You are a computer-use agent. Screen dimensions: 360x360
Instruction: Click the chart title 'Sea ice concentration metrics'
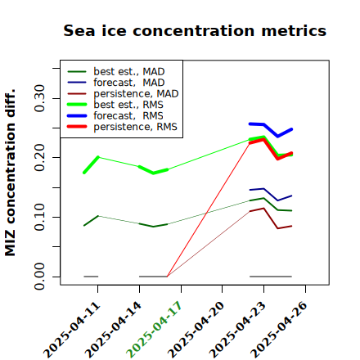[x=195, y=30]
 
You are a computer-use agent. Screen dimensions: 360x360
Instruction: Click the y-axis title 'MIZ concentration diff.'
[x=10, y=173]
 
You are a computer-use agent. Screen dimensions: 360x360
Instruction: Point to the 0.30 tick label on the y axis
[x=39, y=98]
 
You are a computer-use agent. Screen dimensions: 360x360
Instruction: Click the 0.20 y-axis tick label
[x=39, y=157]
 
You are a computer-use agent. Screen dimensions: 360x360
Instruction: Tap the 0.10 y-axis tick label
[x=39, y=217]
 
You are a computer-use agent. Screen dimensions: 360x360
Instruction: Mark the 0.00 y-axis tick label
[x=39, y=277]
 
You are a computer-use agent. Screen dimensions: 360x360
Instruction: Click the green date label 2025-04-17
[x=154, y=330]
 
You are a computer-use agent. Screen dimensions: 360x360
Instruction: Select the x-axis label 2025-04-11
[x=72, y=330]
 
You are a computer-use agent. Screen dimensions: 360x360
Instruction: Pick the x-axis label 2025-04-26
[x=279, y=330]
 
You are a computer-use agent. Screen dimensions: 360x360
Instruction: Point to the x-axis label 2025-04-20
[x=196, y=330]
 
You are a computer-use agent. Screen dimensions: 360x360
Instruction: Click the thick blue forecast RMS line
[x=271, y=129]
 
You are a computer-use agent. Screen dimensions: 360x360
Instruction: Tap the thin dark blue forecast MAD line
[x=271, y=194]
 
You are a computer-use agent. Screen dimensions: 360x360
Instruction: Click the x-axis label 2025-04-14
[x=113, y=330]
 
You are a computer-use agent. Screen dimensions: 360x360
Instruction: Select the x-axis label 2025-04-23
[x=237, y=330]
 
